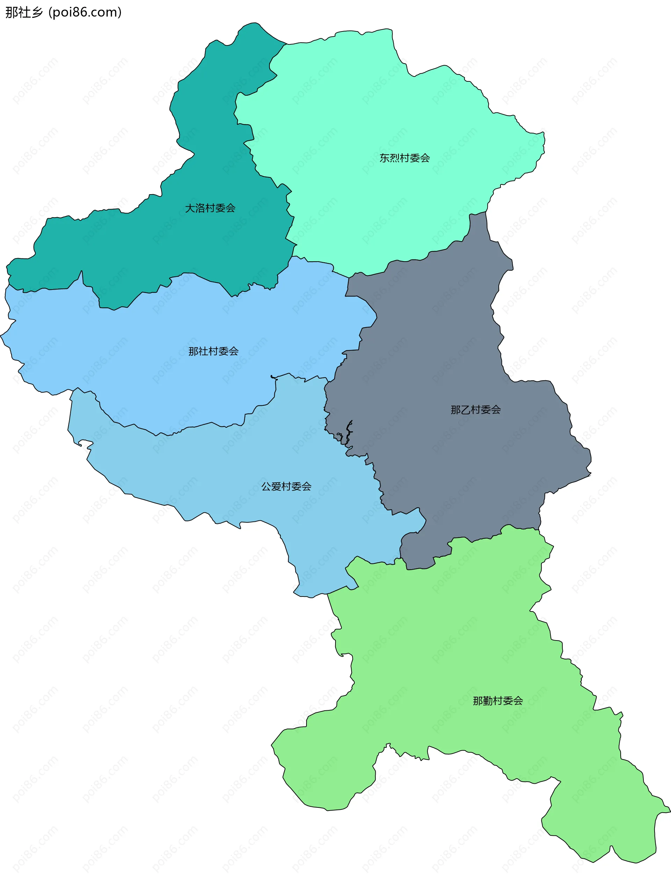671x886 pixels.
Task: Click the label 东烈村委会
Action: click(404, 158)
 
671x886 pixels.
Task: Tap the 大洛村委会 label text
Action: click(210, 208)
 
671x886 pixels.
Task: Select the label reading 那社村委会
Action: click(213, 352)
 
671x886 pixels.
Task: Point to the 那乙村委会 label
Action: click(475, 410)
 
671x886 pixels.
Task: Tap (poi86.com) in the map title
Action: click(85, 13)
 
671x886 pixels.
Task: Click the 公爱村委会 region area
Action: click(240, 473)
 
